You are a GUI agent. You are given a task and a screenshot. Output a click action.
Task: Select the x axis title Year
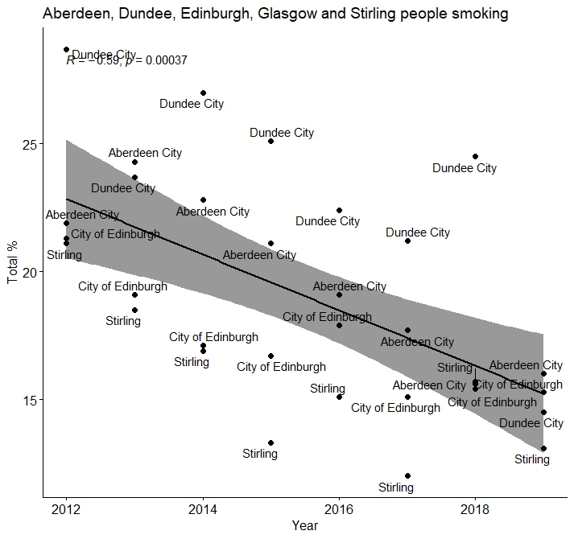305,526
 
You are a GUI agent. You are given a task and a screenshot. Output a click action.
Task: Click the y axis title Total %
12,263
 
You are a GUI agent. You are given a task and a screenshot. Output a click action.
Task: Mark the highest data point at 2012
66,50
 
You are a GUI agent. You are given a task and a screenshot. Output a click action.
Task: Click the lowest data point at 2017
407,476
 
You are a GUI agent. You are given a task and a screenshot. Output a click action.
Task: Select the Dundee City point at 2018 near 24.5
475,156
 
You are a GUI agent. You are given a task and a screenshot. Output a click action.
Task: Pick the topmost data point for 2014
203,93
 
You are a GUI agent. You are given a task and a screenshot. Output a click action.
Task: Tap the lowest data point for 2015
270,442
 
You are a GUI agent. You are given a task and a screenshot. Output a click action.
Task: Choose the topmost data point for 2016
339,210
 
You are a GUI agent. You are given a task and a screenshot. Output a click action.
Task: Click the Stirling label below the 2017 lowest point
396,488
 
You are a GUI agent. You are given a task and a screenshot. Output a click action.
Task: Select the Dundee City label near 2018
465,168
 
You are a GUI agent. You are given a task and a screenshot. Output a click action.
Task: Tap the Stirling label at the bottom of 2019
532,459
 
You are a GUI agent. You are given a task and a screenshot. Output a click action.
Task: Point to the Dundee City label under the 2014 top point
192,104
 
